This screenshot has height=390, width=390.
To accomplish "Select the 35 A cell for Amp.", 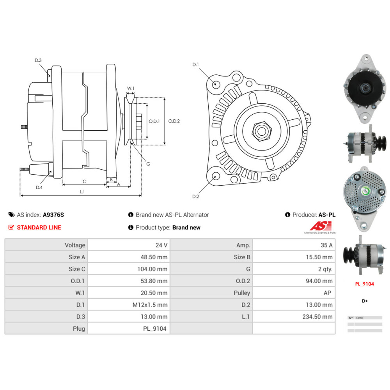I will coord(326,245).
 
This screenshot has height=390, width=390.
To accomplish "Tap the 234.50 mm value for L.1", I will coord(317,316).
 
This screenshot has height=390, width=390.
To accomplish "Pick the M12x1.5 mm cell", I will coord(150,305).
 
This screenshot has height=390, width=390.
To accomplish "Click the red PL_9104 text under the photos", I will coord(364,284).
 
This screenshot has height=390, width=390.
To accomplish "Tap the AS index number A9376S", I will coord(53,214).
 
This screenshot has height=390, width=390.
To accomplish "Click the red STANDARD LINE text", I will coord(39,227).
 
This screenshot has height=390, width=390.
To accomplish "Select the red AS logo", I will coord(321,226).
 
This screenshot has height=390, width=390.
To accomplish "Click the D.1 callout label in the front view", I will coord(196,64).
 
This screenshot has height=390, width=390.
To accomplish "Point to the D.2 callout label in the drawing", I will coord(196,197).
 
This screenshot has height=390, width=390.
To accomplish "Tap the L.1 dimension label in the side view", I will coord(82,191).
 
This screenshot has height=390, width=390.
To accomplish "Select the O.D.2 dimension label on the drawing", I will coord(174,121).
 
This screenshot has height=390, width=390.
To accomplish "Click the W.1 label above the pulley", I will coord(131,89).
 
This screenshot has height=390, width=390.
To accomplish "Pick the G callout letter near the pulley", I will coord(148,164).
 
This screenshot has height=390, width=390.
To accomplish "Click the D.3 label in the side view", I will coord(38,60).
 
